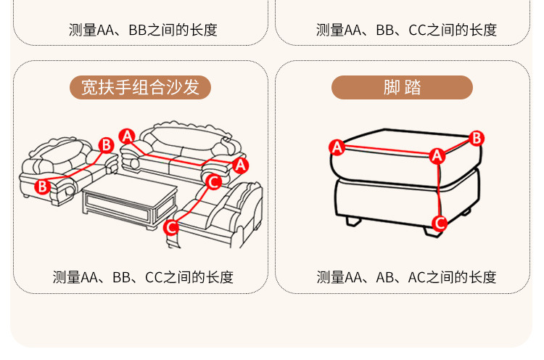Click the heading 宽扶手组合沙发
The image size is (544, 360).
[x=140, y=87]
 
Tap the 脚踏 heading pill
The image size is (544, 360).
[x=402, y=87]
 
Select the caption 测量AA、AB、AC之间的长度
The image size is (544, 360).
[x=406, y=277]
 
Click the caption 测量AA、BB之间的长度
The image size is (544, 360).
[x=143, y=30]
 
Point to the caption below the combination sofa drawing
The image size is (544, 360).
[x=143, y=277]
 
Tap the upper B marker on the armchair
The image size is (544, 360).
[x=106, y=144]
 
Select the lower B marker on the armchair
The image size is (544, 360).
[x=42, y=186]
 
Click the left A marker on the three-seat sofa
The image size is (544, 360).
[x=127, y=136]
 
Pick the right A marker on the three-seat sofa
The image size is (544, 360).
[x=241, y=165]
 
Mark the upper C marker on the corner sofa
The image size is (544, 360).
[x=213, y=181]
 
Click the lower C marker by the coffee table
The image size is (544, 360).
[x=171, y=227]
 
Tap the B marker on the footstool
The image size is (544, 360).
[x=477, y=138]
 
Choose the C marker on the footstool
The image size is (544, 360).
[x=440, y=223]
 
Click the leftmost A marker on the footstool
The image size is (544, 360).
[x=337, y=147]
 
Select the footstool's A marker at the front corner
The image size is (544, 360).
[x=437, y=155]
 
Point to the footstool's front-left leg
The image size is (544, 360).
[x=353, y=219]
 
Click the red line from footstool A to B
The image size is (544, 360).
[x=457, y=147]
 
